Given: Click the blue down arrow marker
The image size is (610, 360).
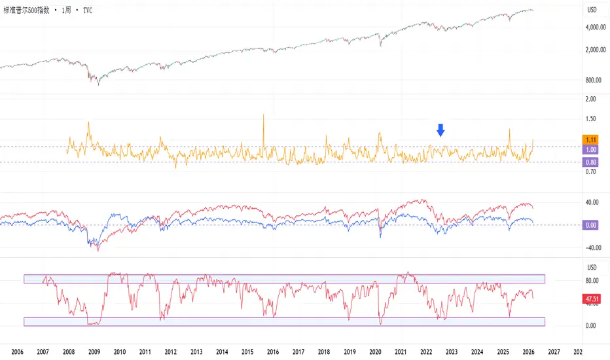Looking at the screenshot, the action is click(x=440, y=130).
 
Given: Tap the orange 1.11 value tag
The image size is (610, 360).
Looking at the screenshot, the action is click(x=590, y=139).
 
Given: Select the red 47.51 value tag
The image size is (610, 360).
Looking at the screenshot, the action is click(x=592, y=299).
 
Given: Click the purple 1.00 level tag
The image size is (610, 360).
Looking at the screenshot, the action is click(x=590, y=149).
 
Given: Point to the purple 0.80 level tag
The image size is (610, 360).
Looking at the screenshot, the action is click(x=590, y=162).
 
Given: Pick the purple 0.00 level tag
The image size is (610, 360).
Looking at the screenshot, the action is click(x=590, y=225).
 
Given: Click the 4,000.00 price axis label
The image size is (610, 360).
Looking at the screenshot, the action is click(x=596, y=27).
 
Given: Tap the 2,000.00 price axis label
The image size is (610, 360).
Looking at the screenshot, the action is click(x=596, y=50).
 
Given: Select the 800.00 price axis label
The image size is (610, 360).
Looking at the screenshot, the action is click(x=593, y=80).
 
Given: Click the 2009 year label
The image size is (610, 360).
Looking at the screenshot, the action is click(x=94, y=352).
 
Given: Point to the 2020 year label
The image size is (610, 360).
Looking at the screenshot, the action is click(x=375, y=352).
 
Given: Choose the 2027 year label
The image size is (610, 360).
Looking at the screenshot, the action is click(x=554, y=352).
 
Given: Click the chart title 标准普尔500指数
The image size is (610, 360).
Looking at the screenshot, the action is click(x=26, y=10).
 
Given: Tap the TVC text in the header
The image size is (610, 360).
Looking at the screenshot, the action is click(x=88, y=10).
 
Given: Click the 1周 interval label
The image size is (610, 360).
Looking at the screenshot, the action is click(x=66, y=10).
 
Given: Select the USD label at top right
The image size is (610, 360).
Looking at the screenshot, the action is click(x=592, y=10).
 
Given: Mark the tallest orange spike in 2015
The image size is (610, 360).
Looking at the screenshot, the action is click(x=263, y=115).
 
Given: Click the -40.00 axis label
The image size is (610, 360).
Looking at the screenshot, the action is click(x=593, y=247).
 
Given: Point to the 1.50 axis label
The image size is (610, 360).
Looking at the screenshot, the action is click(x=590, y=118).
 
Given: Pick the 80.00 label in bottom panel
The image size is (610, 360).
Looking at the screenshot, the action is click(x=592, y=281).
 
